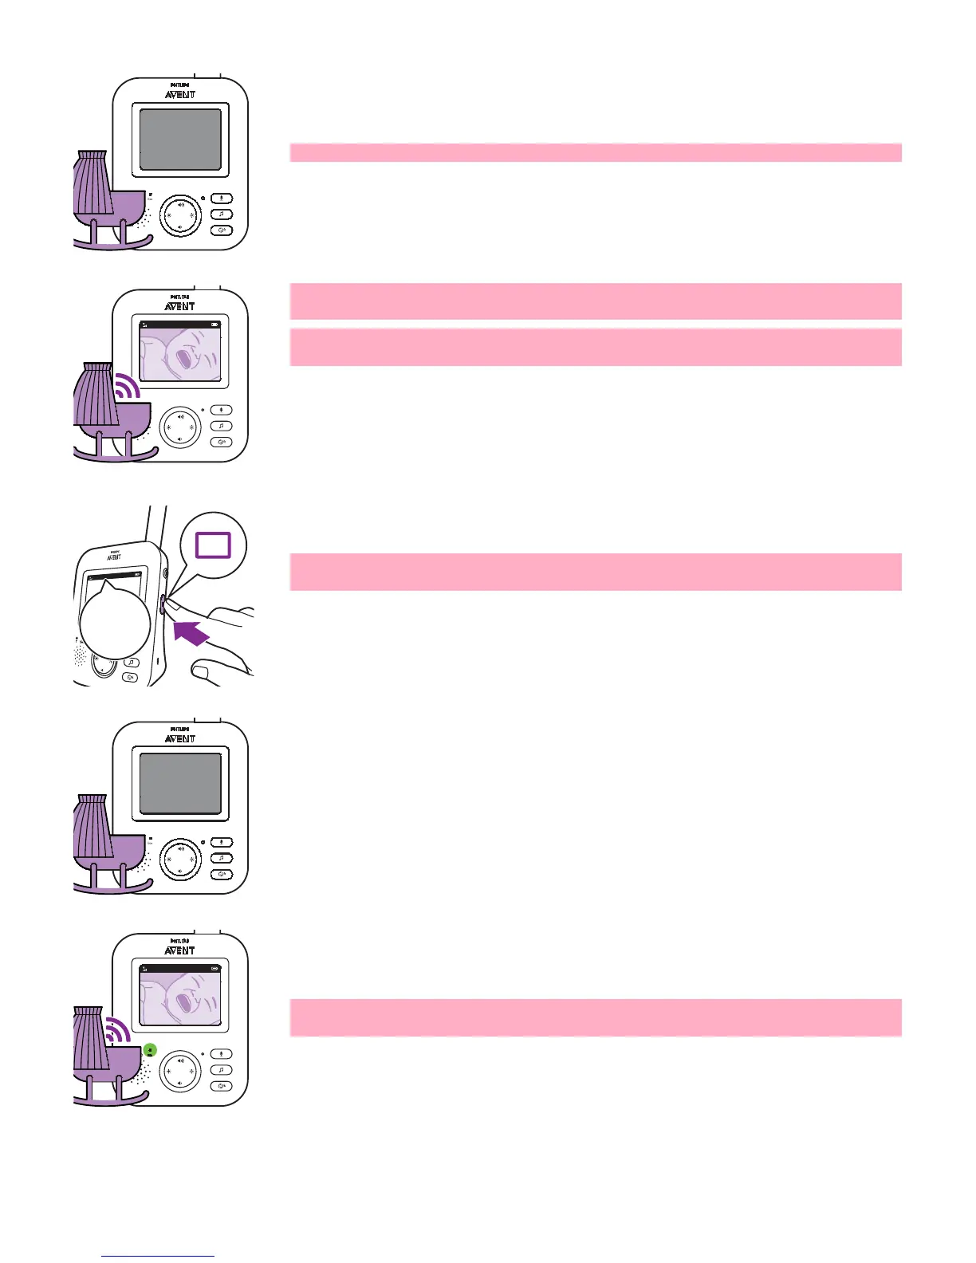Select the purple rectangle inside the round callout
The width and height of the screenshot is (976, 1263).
[213, 545]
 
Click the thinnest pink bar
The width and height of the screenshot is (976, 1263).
[595, 152]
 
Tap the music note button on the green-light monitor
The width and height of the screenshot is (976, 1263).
[221, 1070]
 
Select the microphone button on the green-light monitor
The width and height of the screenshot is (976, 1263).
[221, 1054]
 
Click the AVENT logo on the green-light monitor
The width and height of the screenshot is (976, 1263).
[180, 950]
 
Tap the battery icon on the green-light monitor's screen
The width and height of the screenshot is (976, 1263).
[214, 968]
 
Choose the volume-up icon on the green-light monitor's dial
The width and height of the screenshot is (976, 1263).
[180, 1060]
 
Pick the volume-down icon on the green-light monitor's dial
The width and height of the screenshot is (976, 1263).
[180, 1083]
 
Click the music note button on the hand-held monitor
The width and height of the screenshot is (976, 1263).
[132, 663]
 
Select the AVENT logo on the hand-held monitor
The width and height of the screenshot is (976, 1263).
[114, 557]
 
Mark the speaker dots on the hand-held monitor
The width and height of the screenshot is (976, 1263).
[80, 655]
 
